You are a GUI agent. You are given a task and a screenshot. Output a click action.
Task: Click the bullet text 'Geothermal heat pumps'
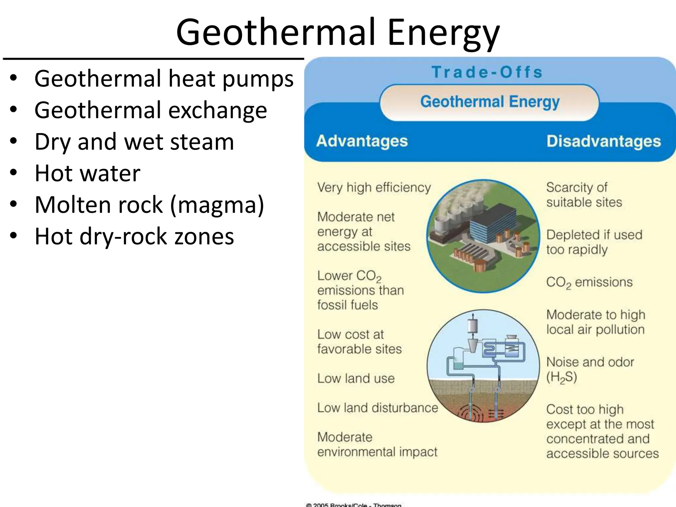[x=164, y=79]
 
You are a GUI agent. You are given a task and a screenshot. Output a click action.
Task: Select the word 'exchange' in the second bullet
[x=218, y=110]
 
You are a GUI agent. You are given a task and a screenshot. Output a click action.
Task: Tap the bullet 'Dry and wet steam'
[x=134, y=142]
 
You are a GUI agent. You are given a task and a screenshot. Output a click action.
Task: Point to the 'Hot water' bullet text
[x=87, y=173]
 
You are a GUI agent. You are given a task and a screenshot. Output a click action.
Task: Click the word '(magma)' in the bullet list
[x=217, y=205]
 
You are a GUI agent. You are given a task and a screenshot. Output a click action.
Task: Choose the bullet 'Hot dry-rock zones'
[x=134, y=236]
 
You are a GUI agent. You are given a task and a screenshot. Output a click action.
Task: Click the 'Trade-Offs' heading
[x=487, y=72]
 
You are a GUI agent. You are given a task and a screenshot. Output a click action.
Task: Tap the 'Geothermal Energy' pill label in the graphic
[x=490, y=102]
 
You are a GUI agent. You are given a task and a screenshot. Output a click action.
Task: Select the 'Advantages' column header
[x=362, y=141]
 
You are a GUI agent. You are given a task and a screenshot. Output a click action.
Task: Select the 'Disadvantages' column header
[x=603, y=141]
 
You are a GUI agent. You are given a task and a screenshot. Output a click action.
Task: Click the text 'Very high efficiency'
[x=374, y=187]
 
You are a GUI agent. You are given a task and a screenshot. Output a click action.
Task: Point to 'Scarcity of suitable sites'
[x=584, y=195]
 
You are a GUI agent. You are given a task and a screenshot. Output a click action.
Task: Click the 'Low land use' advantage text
[x=356, y=378]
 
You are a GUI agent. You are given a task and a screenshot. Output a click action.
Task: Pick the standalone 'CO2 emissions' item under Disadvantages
[x=589, y=283]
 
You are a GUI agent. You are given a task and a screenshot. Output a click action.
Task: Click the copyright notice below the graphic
[x=353, y=505]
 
